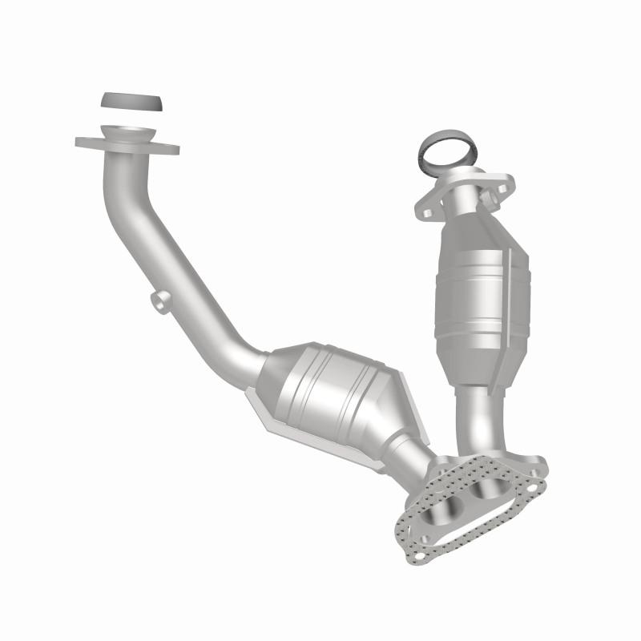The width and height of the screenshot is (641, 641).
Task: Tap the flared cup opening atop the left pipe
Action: coord(127,133)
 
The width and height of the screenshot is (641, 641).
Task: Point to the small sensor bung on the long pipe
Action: coord(159,300)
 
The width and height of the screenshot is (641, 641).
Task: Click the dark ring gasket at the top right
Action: coord(447,153)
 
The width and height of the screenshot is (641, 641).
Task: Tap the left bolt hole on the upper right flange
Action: coord(428,212)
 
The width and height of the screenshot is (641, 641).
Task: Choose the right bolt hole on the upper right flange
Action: coord(502,189)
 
